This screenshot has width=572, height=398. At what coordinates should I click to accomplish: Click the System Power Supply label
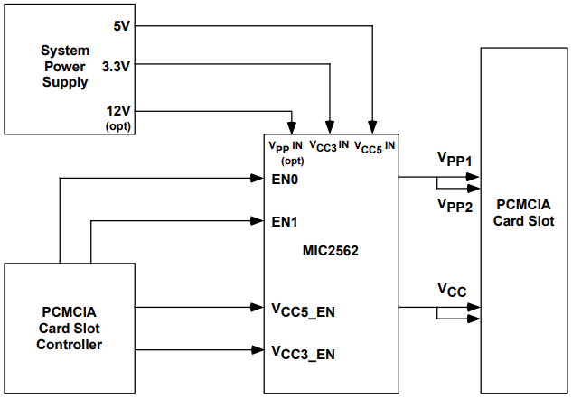click(64, 66)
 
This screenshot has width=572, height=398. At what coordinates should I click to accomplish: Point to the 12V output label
click(119, 110)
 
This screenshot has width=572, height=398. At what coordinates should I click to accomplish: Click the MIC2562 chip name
click(332, 251)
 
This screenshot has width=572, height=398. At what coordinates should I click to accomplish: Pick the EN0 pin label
click(285, 179)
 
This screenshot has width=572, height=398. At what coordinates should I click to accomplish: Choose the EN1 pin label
click(285, 220)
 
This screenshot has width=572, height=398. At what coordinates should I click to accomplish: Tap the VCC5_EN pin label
click(304, 310)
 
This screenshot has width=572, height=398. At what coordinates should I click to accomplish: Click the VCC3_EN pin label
click(304, 352)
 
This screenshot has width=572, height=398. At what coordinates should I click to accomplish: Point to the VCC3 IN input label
click(328, 144)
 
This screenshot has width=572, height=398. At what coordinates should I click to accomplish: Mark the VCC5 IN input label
click(375, 144)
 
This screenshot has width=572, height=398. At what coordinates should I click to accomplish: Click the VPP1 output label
click(455, 160)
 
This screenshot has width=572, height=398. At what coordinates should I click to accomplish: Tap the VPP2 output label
click(455, 205)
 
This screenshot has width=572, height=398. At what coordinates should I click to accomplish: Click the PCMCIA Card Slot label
click(523, 213)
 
